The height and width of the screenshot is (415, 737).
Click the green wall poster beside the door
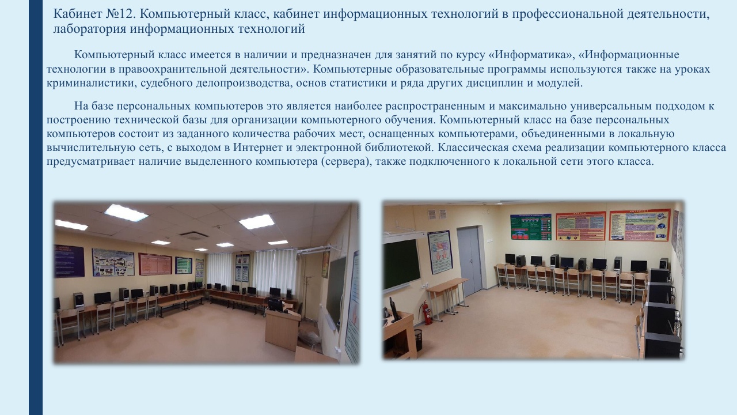531,227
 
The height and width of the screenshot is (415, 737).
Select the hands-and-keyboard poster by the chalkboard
440,252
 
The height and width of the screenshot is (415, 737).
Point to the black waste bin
418,339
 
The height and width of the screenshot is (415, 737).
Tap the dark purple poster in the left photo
69,261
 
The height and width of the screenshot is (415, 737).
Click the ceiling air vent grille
194,235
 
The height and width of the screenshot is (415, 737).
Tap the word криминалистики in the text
92,83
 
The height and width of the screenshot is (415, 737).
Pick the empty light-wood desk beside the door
447,295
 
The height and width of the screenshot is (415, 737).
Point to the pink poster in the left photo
155,264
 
